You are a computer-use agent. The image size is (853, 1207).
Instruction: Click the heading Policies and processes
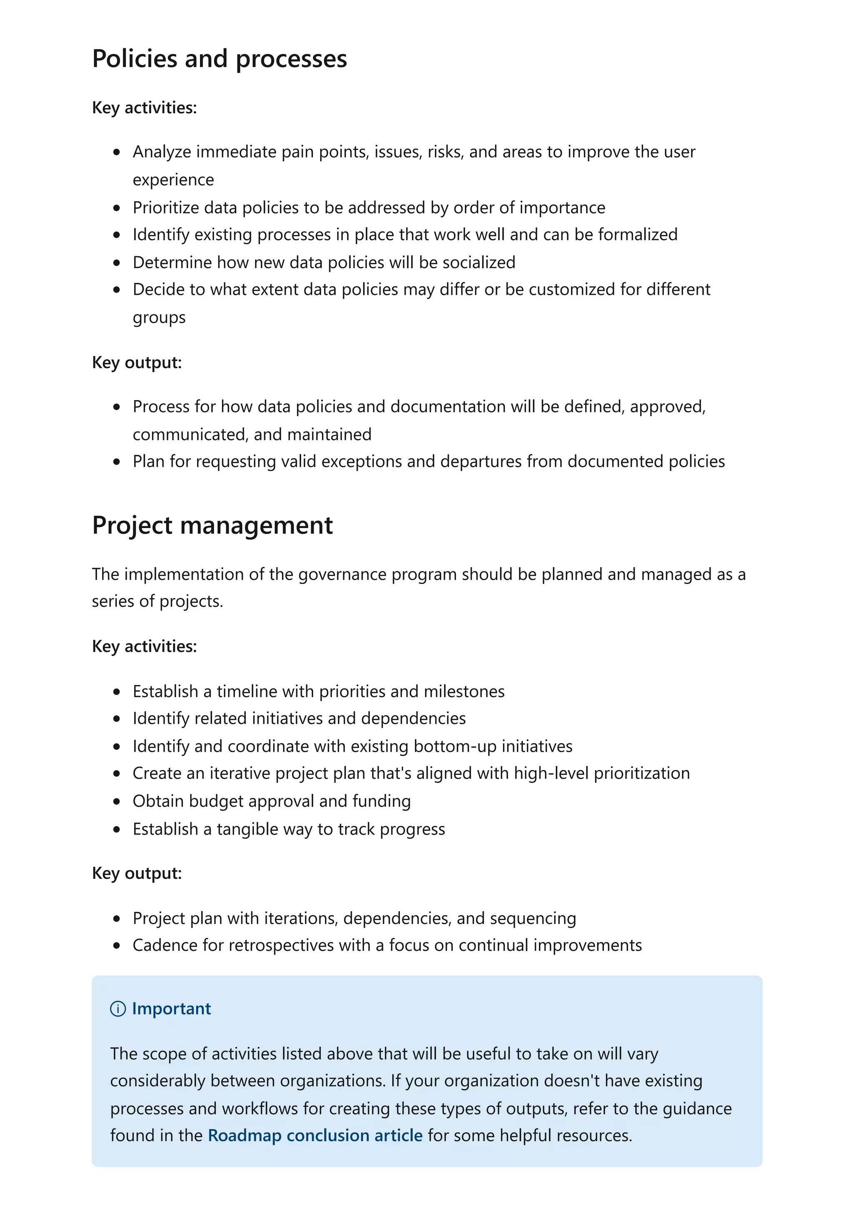[219, 58]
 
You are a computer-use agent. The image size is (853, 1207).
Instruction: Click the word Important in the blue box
[171, 1008]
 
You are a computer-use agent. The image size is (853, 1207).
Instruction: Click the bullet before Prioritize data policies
[117, 208]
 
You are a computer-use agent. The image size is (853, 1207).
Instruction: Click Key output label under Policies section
[137, 362]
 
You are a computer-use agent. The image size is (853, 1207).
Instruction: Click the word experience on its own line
[173, 180]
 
